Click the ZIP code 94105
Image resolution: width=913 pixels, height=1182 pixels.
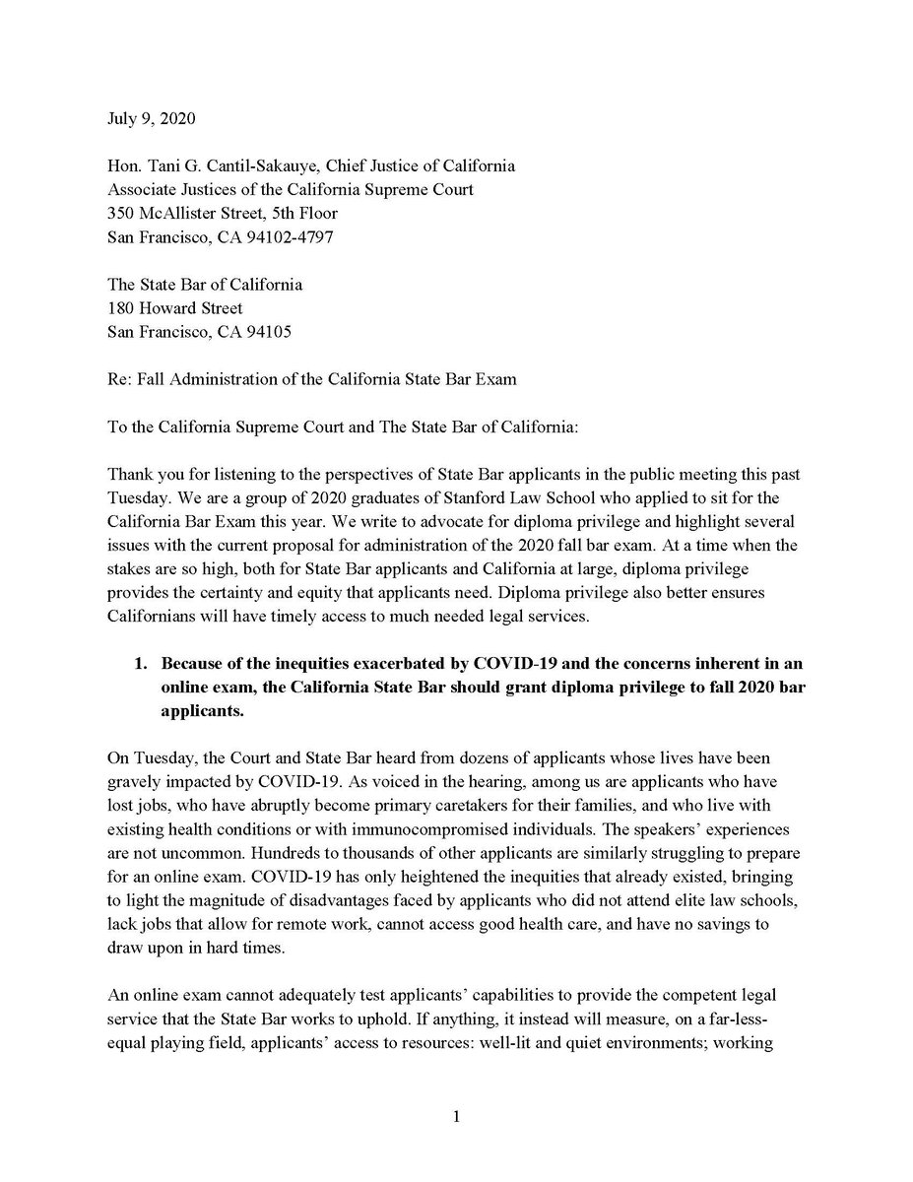(267, 332)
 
